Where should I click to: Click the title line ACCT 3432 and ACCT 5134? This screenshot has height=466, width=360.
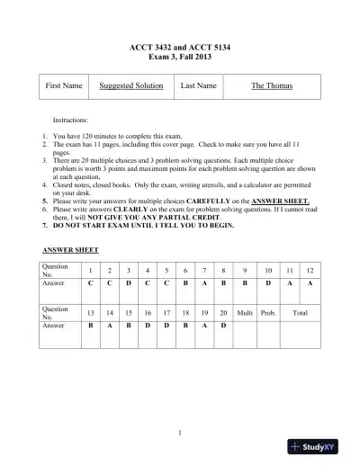click(180, 45)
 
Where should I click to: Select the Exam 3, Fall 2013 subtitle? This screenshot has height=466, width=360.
click(180, 56)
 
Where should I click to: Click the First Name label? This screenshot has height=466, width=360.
click(64, 85)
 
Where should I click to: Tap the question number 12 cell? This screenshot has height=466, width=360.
click(310, 270)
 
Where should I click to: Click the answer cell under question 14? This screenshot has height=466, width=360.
click(109, 325)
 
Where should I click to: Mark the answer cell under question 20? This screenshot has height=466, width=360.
click(223, 325)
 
